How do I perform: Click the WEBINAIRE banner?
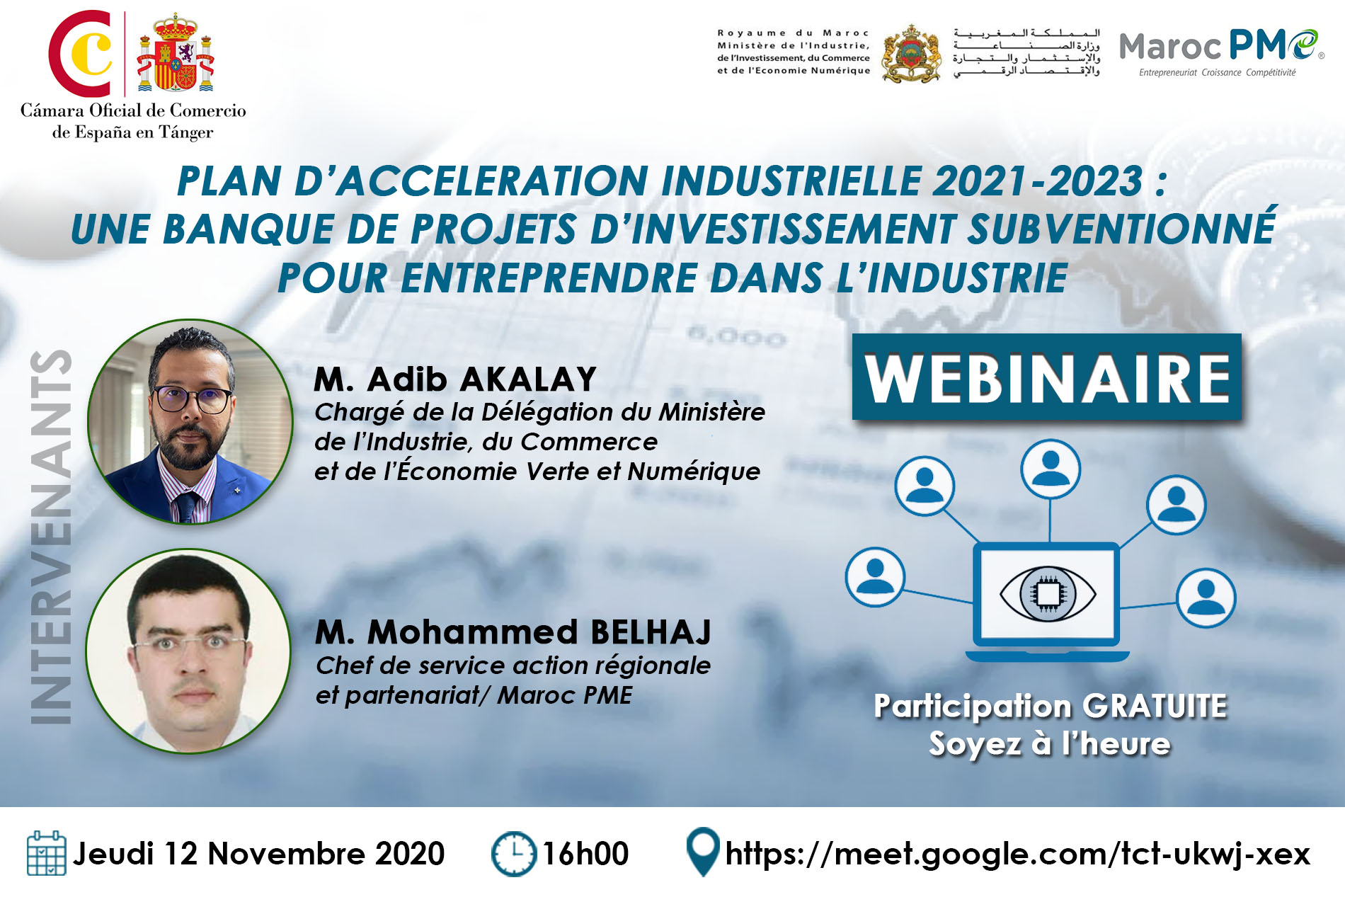pos(1046,377)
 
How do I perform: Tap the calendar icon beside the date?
pos(46,853)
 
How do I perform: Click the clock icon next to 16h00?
pos(514,854)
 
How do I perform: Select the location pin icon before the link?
pos(703,852)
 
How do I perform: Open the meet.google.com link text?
pos(1018,854)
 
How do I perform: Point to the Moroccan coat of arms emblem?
pos(911,54)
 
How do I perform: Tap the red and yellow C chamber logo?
pos(81,53)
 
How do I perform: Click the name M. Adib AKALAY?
pos(455,379)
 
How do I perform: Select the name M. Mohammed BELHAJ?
pos(513,632)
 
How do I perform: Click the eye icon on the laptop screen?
pos(1048,593)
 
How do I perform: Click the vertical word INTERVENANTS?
pos(51,537)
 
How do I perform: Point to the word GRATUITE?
pos(1155,706)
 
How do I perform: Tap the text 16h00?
pos(585,854)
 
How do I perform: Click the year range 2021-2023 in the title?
pos(1037,181)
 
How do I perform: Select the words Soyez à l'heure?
pos(1050,744)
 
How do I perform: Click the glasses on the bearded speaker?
pos(193,399)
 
